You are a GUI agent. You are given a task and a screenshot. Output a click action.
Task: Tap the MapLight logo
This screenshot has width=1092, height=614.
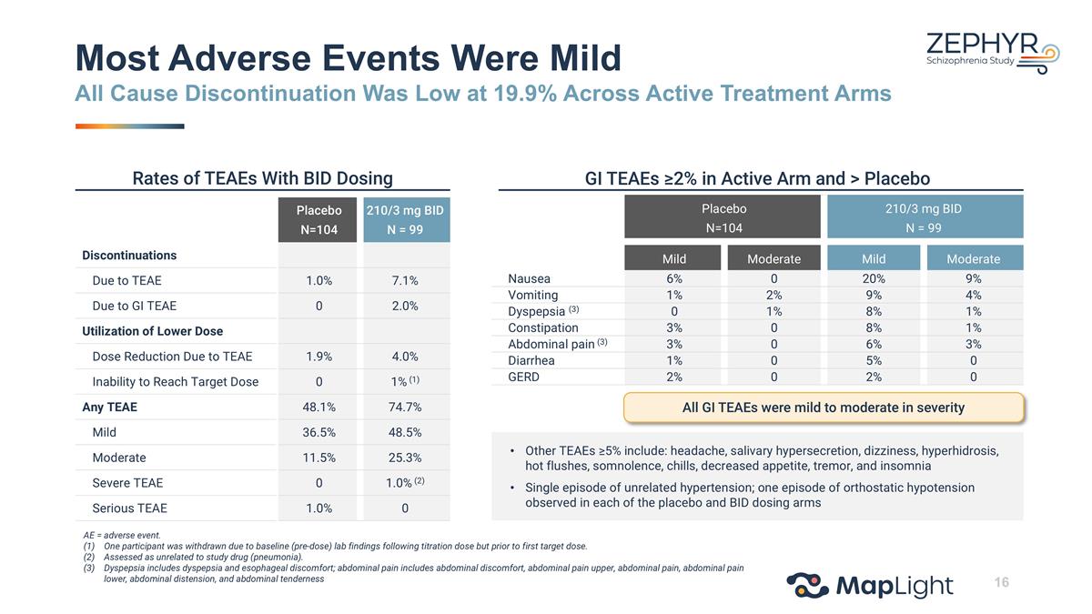870,586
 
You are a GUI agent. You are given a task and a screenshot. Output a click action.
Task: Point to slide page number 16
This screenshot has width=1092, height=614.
1001,582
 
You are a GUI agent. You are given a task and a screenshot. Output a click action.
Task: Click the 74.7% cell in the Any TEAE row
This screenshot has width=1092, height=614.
405,407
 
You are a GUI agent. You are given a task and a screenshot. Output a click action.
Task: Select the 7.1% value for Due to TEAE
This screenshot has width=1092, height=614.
405,281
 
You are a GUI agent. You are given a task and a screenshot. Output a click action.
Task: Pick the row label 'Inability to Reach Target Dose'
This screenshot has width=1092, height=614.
176,381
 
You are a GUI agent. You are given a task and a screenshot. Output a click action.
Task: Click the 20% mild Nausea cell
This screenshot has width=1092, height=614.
873,278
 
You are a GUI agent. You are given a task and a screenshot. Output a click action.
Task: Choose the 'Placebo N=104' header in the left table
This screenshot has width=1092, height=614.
318,220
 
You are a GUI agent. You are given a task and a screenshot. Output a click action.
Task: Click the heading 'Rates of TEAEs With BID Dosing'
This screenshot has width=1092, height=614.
262,178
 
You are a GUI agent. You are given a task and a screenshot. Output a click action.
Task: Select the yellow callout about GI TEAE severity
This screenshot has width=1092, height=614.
824,408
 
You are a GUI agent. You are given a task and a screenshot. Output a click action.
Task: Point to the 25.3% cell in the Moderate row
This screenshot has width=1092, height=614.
405,458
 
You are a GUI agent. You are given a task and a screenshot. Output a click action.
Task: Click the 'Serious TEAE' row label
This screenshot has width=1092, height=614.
129,508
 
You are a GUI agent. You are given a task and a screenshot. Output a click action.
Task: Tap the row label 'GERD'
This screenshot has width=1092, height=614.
523,377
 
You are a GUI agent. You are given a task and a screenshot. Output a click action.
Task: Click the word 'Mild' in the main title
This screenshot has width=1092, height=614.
585,58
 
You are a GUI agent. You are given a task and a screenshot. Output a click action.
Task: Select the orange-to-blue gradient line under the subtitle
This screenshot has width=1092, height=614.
129,126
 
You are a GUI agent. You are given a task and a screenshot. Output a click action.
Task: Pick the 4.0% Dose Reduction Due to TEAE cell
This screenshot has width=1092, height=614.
405,357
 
